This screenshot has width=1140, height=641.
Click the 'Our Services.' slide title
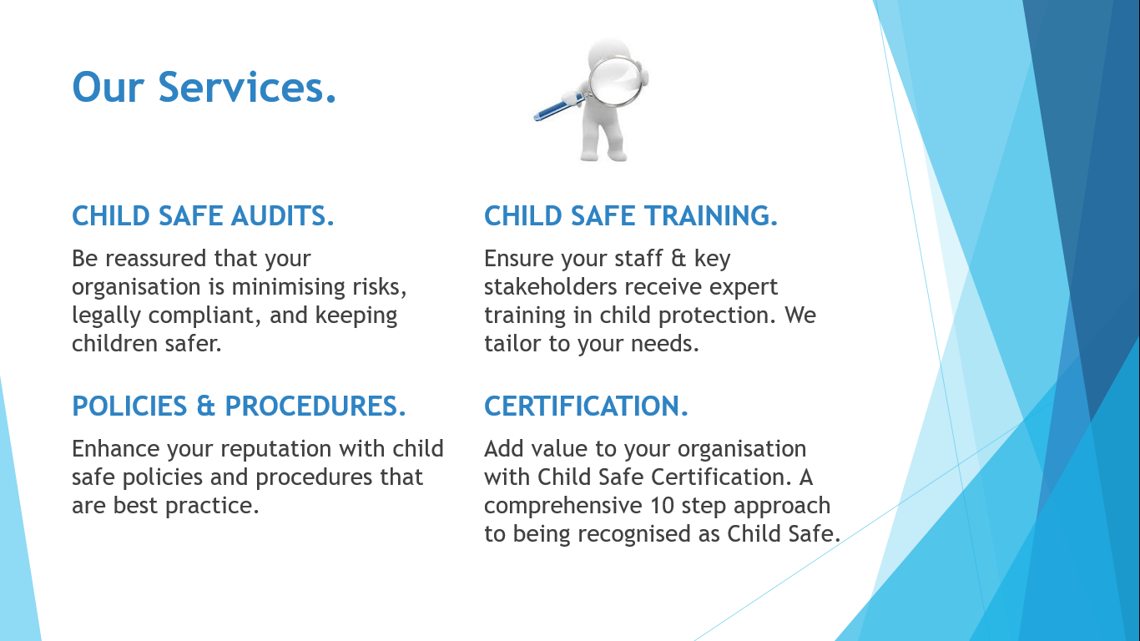pyautogui.click(x=204, y=87)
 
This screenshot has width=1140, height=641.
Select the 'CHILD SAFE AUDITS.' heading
pyautogui.click(x=203, y=216)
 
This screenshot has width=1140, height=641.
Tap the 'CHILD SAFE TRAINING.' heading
pyautogui.click(x=631, y=216)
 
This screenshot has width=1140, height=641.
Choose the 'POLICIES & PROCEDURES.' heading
pyautogui.click(x=239, y=406)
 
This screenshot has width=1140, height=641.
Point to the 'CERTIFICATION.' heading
pyautogui.click(x=586, y=406)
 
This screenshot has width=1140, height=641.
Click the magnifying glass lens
pyautogui.click(x=615, y=82)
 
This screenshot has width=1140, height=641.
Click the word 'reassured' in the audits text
pyautogui.click(x=156, y=259)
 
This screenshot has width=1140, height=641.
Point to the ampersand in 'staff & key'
pyautogui.click(x=678, y=259)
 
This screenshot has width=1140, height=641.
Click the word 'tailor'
pyautogui.click(x=512, y=344)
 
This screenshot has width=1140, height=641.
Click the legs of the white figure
pyautogui.click(x=603, y=142)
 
